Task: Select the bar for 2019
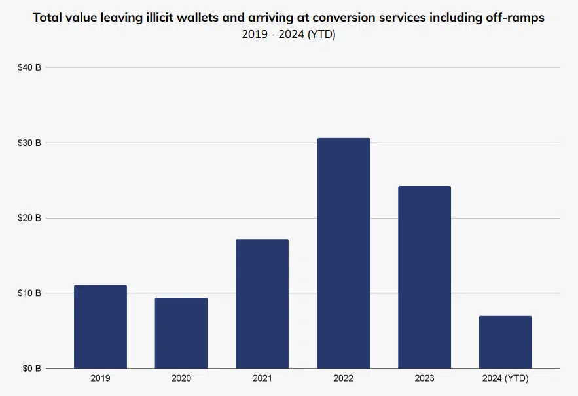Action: (100, 327)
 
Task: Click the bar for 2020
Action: (181, 333)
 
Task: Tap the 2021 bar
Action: (262, 304)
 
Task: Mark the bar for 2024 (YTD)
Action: (505, 342)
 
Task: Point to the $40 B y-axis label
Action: (29, 67)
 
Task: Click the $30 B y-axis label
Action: (29, 143)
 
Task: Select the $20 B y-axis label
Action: (29, 218)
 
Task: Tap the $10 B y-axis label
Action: (29, 293)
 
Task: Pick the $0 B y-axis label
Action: (31, 369)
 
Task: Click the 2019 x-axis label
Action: (100, 379)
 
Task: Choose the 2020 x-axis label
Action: (181, 379)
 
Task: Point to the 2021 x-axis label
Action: (262, 379)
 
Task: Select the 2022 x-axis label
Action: (344, 379)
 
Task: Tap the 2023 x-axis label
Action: (424, 379)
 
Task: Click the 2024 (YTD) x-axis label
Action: (505, 379)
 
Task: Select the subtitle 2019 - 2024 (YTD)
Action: (289, 35)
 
